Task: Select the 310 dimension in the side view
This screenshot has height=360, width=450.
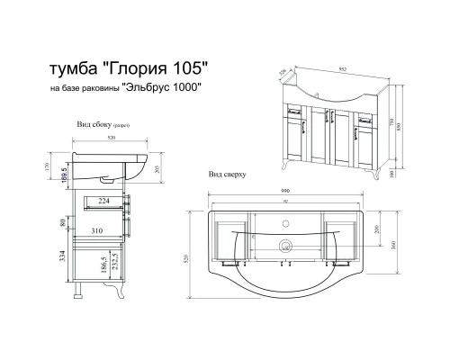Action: coord(103,231)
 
